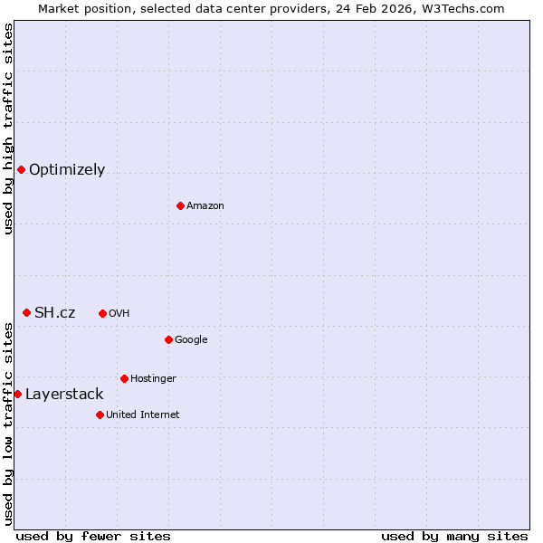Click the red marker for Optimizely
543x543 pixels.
[x=21, y=169]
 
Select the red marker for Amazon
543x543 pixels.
[x=180, y=205]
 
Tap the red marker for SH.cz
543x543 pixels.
[x=26, y=312]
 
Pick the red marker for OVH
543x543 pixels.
[x=102, y=313]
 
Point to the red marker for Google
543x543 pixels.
[x=168, y=339]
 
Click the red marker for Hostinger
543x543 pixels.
[x=124, y=378]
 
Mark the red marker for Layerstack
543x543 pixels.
[x=17, y=394]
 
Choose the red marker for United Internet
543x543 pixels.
[x=100, y=414]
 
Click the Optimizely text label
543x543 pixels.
[x=67, y=169]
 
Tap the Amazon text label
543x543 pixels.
[x=205, y=205]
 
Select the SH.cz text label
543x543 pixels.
[x=54, y=312]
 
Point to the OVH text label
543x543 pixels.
[x=119, y=313]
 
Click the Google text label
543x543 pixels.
[x=191, y=339]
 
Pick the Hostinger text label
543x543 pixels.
[x=153, y=378]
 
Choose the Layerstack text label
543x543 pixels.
[x=64, y=394]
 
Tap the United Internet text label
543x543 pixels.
[x=143, y=414]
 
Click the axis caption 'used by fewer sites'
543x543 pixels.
[x=93, y=536]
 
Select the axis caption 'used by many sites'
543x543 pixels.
[x=454, y=536]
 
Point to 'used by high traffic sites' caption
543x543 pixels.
[x=8, y=129]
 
